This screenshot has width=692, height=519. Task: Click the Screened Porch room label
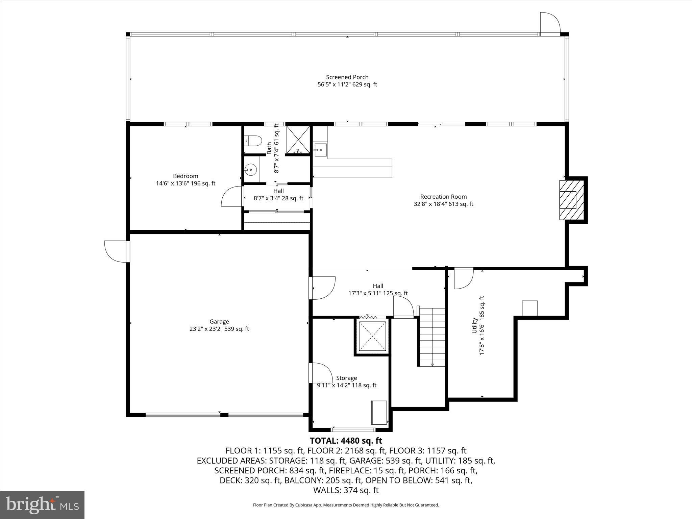point(347,77)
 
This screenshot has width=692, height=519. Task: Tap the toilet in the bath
point(253,140)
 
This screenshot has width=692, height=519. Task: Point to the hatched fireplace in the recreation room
point(572,200)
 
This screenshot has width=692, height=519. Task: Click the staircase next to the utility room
point(432,337)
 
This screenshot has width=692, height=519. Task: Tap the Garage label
point(219,322)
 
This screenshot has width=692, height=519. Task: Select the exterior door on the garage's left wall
point(117,251)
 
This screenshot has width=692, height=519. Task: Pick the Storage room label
point(346,378)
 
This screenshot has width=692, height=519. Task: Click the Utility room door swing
point(464,278)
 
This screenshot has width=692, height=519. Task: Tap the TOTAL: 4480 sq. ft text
point(346,441)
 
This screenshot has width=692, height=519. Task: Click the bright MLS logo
point(42,505)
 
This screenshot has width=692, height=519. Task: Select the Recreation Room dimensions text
point(443,204)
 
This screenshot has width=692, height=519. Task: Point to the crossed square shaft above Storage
point(372,337)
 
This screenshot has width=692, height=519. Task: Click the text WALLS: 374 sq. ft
point(346,490)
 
